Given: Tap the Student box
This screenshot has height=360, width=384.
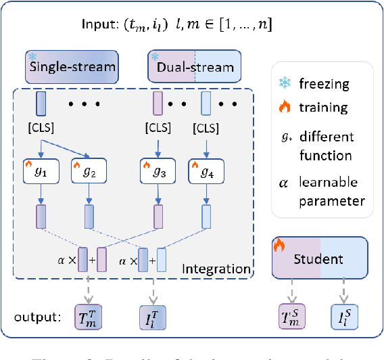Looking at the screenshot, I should point(320,259).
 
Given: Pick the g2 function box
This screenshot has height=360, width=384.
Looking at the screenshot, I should point(90,173).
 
